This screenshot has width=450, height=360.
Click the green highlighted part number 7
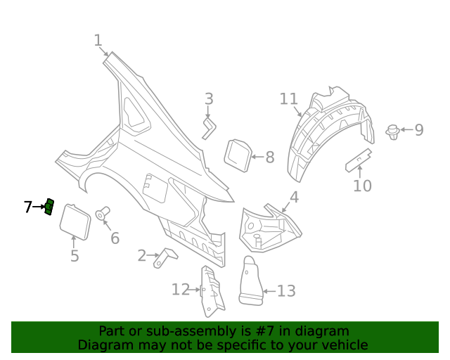(49, 207)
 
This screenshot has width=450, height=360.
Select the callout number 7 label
(27, 207)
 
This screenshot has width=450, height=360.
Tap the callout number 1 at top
(98, 41)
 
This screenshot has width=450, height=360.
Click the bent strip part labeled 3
(210, 129)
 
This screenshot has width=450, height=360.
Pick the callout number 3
(209, 98)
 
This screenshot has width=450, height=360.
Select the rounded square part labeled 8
(236, 155)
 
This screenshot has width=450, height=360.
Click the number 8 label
(269, 157)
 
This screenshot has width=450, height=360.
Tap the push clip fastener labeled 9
(393, 131)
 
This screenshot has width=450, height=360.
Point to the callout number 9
(418, 130)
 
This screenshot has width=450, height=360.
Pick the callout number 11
(288, 98)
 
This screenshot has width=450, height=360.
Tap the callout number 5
(75, 255)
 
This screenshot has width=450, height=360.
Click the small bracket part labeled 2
(167, 257)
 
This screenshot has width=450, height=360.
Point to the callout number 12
(181, 290)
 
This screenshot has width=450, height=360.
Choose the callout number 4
(294, 198)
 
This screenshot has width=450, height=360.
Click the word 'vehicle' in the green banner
(343, 345)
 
